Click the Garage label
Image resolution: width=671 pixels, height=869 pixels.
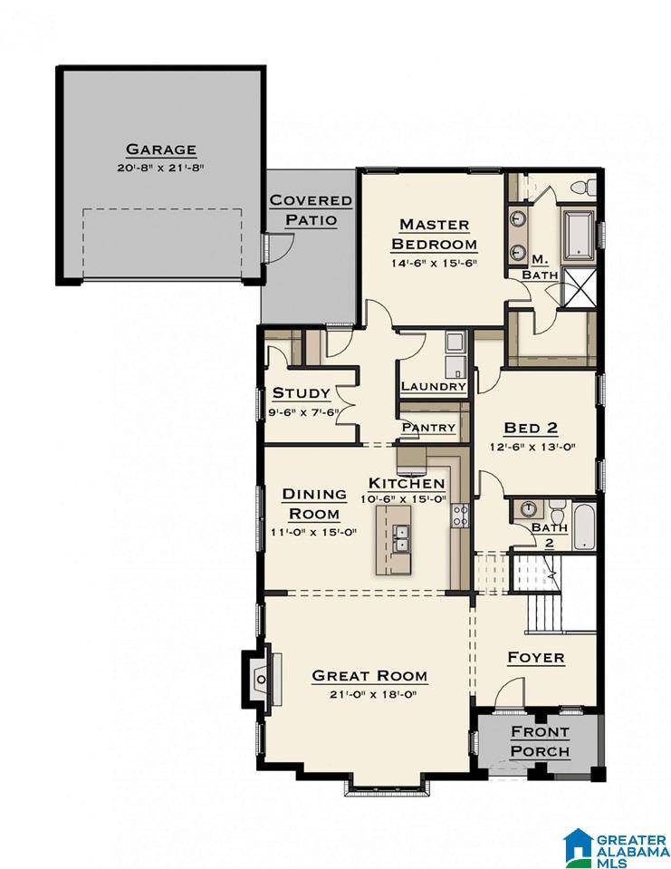coord(161,150)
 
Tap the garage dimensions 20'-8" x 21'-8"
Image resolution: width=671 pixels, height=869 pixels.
coord(161,168)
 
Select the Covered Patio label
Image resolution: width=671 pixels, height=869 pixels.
coord(311,209)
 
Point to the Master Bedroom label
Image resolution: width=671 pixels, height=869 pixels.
coord(434,234)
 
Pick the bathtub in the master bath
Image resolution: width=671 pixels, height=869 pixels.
coord(580,236)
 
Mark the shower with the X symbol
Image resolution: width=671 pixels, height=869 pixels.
coord(579,287)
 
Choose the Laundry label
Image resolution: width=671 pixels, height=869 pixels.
coord(433,386)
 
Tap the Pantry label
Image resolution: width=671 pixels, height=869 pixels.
coord(428,428)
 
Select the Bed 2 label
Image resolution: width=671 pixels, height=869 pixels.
coord(531,428)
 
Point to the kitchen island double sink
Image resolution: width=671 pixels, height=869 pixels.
coord(399,537)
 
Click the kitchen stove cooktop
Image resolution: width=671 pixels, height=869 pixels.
coord(460,515)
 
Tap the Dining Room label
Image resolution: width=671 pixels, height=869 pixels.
coord(314,504)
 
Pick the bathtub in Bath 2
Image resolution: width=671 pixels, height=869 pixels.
coord(583,526)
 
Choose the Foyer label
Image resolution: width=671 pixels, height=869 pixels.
coord(536,658)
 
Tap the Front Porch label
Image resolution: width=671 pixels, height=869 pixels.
coord(540,741)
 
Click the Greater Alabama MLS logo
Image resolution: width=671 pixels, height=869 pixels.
coord(616,847)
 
